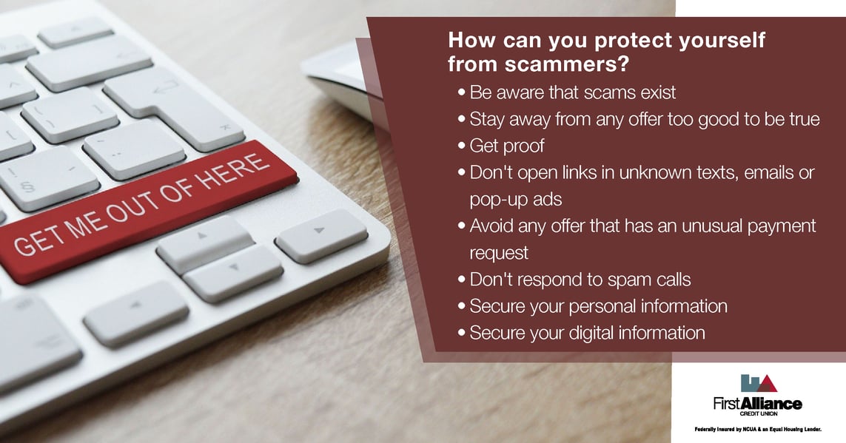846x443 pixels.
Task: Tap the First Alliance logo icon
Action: point(758,382)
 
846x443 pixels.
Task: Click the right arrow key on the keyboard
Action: point(321,235)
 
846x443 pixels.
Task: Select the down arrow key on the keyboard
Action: point(232,272)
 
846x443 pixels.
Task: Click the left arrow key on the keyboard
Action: point(136,314)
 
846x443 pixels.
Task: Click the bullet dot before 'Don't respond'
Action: point(463,280)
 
